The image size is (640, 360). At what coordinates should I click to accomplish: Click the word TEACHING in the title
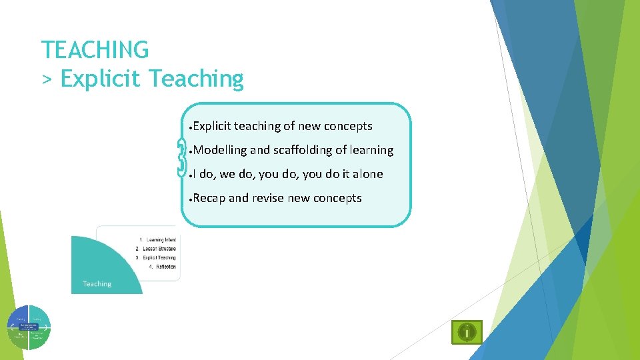pos(95,49)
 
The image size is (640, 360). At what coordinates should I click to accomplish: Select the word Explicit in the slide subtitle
pos(101,79)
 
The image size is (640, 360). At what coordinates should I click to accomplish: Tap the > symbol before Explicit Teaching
pos(47,79)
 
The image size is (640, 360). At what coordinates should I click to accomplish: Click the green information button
pos(467,331)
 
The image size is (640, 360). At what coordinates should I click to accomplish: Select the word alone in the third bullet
pos(368,174)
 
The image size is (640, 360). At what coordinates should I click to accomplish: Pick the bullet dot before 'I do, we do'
pos(191,175)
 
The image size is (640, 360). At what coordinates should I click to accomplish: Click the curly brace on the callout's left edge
pos(182,159)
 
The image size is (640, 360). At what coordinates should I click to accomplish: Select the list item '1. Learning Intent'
pos(157,240)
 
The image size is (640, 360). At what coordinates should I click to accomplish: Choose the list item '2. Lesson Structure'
pos(155,249)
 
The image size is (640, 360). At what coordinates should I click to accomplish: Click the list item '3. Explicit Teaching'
pos(155,257)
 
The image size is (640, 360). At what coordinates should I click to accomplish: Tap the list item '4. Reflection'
pos(162,267)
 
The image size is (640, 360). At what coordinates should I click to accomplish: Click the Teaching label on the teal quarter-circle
pos(97,284)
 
